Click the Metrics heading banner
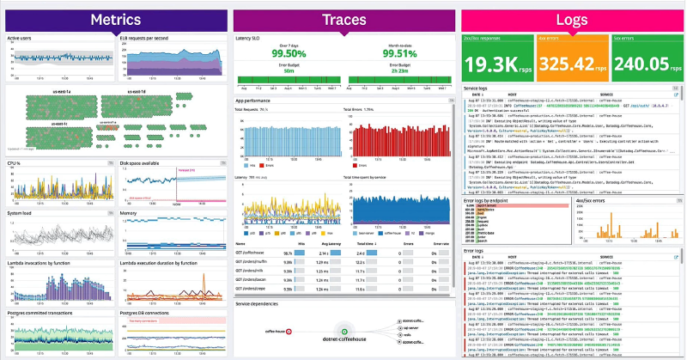click(114, 18)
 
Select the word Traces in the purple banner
click(343, 18)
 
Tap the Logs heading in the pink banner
click(571, 18)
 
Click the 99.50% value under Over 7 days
click(290, 52)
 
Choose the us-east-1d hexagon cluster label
click(140, 91)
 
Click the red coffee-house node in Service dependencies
click(289, 331)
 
